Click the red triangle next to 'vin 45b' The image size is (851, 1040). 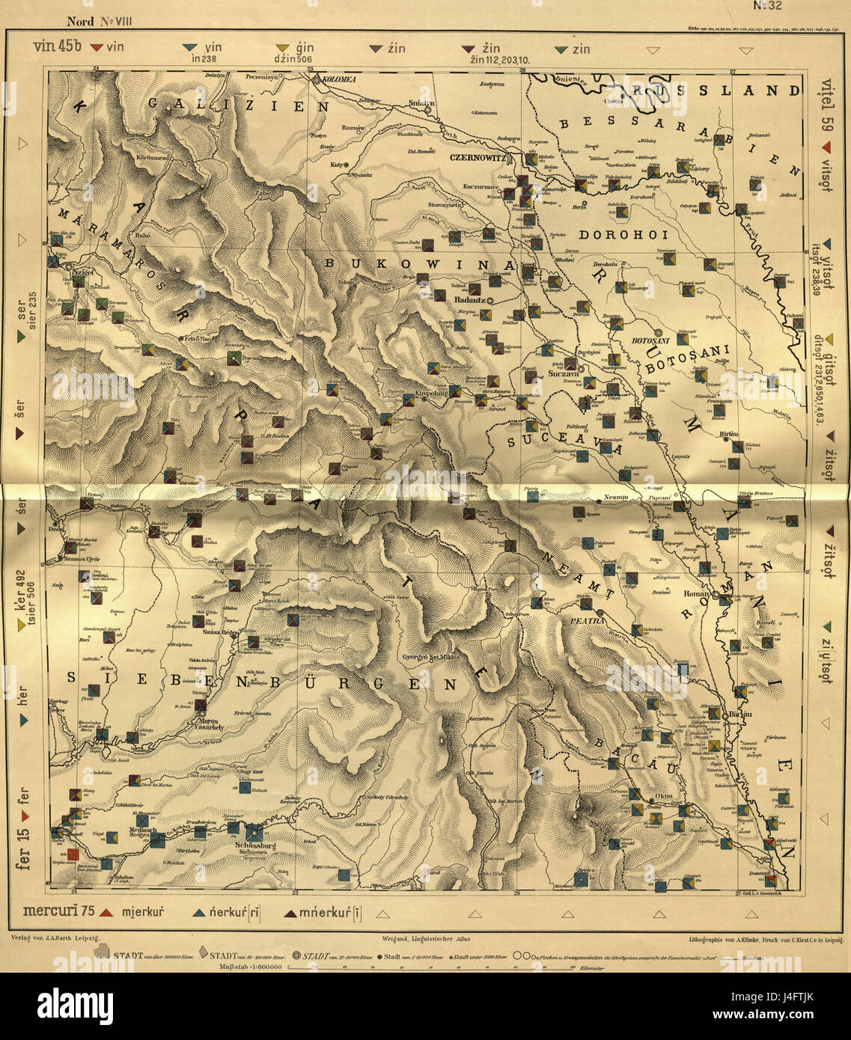(x=95, y=49)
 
